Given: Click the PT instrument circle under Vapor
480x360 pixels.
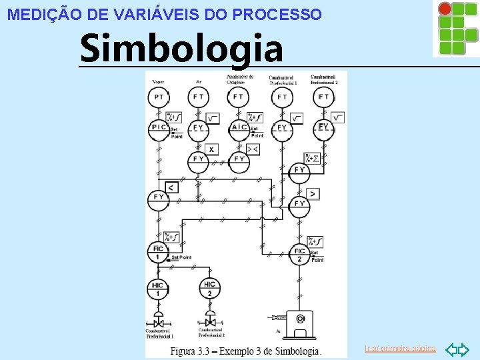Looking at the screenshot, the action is pos(159,97).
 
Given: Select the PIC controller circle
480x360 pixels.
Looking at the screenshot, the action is pos(159,127).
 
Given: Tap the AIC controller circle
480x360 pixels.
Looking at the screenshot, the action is pos(239,127).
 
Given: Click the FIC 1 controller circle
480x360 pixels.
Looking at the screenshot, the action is pos(158,253).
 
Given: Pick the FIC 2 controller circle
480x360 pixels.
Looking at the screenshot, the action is pos(299,255).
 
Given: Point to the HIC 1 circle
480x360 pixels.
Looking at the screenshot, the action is pos(158,289).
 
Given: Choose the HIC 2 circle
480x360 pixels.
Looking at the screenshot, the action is pos(209,289).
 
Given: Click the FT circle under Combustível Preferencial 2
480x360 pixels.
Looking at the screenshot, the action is pos(323,97).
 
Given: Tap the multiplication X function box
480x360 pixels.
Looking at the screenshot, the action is pos(211,149).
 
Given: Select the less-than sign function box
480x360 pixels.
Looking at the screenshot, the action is pos(171,188).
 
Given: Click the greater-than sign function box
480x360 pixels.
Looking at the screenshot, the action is pos(312,194).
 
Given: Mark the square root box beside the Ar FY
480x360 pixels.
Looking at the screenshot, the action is pos(213,119).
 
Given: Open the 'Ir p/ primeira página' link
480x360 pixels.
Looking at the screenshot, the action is pos(400,349).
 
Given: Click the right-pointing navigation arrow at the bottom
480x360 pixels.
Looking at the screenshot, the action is pos(465,349).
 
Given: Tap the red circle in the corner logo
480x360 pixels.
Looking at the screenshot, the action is pos(444,8).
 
